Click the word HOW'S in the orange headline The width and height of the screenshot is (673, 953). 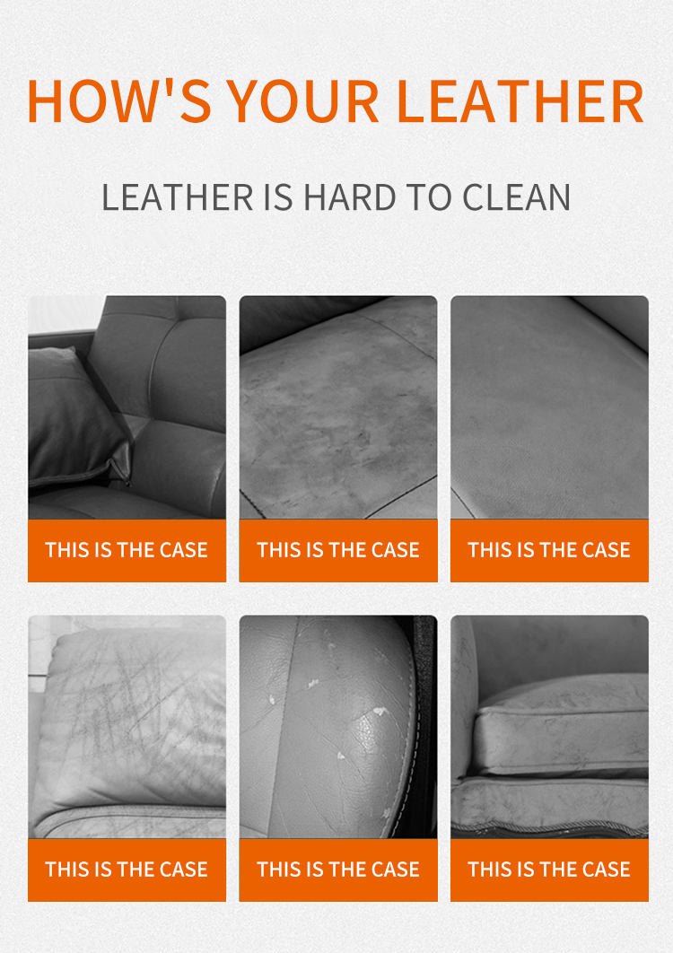point(116,101)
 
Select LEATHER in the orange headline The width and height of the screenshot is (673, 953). point(520,101)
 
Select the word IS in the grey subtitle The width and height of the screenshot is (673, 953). point(278,197)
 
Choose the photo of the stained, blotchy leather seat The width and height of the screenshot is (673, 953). point(338,407)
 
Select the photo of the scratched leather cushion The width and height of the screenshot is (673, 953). point(127,727)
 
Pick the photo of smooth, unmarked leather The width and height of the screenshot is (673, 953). point(549,407)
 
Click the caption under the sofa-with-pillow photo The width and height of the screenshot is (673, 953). point(127,550)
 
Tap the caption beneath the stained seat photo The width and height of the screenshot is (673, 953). point(338,550)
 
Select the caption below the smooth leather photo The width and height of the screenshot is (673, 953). point(549,550)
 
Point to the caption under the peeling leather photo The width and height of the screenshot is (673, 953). point(338,870)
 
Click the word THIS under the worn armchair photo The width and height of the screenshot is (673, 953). point(490,870)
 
